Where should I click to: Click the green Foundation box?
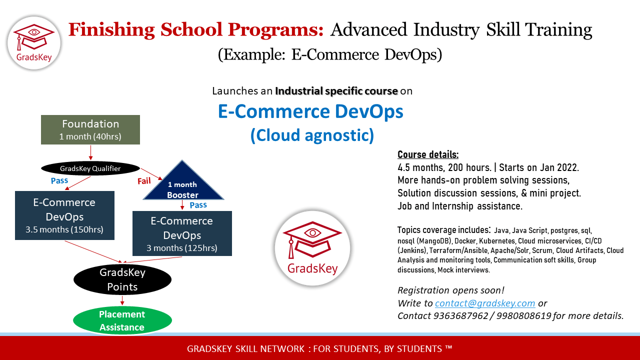point(90,129)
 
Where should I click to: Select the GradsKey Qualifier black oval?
point(90,168)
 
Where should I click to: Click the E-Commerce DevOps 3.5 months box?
point(64,215)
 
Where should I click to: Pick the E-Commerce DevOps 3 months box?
point(182,233)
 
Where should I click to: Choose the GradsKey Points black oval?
point(122,279)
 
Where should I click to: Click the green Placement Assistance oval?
point(122,320)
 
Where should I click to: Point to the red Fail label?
point(144,181)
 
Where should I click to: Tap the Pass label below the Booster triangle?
point(198,205)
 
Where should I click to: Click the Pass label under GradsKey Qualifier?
point(59,180)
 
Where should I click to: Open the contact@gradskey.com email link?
point(485,303)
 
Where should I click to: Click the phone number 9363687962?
point(460,315)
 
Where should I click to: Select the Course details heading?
point(428,154)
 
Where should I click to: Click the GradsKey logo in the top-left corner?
point(34,43)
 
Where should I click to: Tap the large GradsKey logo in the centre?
point(312,248)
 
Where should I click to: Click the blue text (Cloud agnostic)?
point(312,135)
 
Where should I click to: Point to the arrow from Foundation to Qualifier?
point(91,152)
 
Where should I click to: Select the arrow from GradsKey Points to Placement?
point(122,300)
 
